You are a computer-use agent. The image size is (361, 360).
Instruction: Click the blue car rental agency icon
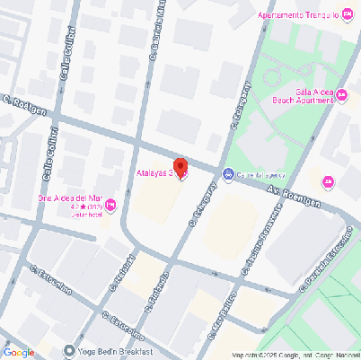pyautogui.click(x=228, y=174)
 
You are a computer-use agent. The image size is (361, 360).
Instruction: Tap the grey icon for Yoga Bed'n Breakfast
pyautogui.click(x=70, y=350)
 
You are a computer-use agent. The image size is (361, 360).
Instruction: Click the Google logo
pyautogui.click(x=17, y=352)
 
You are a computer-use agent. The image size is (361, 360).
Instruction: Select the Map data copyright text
pyautogui.click(x=295, y=356)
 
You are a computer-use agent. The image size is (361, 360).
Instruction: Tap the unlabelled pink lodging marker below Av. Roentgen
pyautogui.click(x=328, y=183)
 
